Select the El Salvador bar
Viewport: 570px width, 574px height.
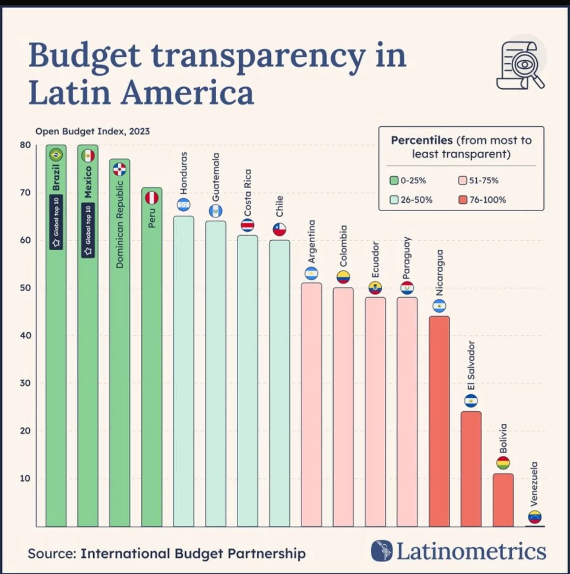click(471, 468)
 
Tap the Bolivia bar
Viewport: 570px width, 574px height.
click(503, 500)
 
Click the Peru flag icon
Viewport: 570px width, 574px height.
click(152, 198)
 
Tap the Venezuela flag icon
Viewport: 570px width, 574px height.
click(535, 517)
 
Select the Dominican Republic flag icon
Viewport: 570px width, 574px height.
click(119, 169)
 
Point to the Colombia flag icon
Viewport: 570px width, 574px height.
click(343, 277)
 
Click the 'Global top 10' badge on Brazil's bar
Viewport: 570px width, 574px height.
click(56, 222)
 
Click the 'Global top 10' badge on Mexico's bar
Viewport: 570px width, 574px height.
click(88, 230)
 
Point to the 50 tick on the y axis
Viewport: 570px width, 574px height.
click(25, 288)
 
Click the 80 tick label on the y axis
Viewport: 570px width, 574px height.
click(25, 145)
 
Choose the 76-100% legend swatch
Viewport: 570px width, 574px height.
click(463, 200)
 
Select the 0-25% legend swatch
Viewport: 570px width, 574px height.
click(394, 180)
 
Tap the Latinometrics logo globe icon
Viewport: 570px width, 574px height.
click(381, 551)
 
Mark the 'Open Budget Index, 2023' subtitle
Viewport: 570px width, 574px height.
click(92, 131)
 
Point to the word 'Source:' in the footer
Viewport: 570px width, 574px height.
click(52, 553)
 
